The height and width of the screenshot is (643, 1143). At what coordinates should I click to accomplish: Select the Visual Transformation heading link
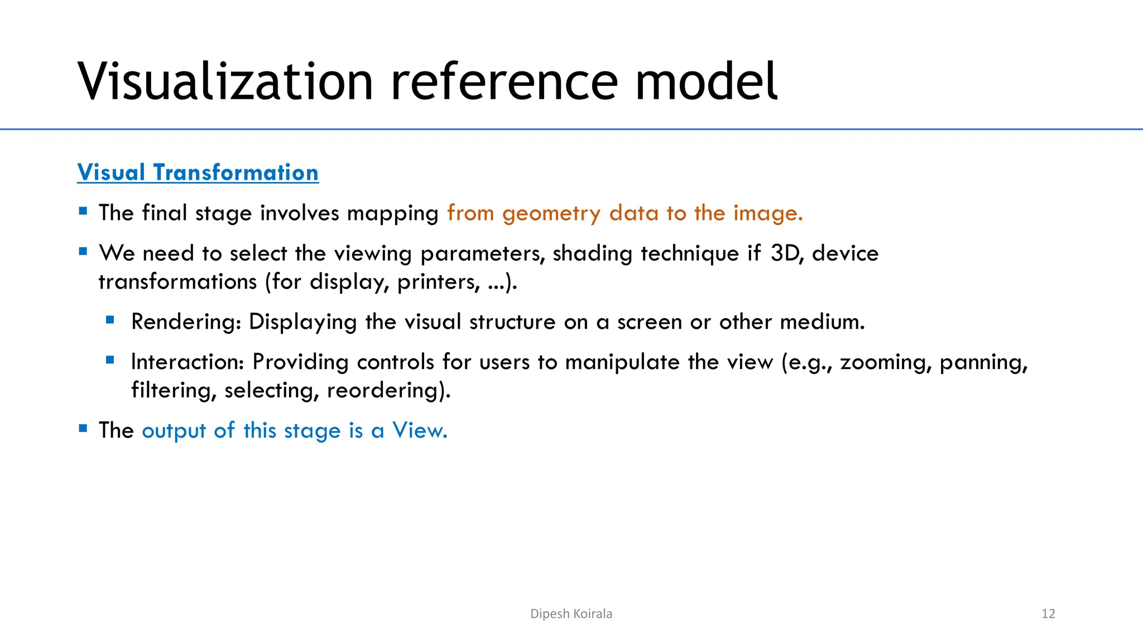pos(198,172)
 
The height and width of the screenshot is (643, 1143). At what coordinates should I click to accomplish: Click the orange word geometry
pos(551,214)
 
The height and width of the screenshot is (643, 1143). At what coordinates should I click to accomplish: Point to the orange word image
pos(767,214)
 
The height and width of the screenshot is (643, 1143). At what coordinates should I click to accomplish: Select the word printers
pos(439,282)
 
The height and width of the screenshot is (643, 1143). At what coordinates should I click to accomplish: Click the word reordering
pos(388,390)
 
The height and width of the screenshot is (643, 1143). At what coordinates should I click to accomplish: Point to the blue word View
pos(420,430)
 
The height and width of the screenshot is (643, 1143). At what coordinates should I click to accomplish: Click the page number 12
pos(1048,614)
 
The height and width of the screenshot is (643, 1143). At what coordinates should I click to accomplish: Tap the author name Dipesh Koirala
pos(571,614)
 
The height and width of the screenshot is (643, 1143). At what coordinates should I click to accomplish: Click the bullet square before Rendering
pos(110,320)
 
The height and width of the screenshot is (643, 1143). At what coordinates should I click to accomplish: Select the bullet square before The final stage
pos(83,211)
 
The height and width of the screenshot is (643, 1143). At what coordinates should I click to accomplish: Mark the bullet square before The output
pos(83,429)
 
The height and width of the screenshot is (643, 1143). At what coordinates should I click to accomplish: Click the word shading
pos(592,254)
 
